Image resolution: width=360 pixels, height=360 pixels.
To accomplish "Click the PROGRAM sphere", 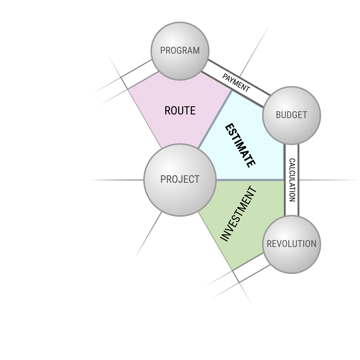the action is click(x=180, y=51).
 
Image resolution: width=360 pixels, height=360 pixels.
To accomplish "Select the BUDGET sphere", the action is click(x=292, y=116).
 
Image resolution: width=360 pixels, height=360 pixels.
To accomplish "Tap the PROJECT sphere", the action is click(x=180, y=180).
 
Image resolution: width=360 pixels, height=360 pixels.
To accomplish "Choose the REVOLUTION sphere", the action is click(x=292, y=244).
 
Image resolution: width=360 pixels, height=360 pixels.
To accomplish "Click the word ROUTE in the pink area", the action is click(x=180, y=111).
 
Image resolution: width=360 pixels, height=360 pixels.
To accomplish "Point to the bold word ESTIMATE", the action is click(x=240, y=145).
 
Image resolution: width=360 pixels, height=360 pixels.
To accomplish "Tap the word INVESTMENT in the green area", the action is click(x=238, y=214).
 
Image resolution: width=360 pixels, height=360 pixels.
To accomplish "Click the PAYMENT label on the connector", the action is click(x=236, y=83).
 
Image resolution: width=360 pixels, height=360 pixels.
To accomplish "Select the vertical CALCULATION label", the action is click(x=292, y=180).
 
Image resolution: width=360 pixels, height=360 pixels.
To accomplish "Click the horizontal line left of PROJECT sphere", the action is click(x=117, y=180).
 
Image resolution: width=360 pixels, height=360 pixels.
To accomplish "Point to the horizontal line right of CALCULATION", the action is click(x=329, y=180).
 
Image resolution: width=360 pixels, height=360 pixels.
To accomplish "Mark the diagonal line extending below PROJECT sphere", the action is click(x=149, y=235).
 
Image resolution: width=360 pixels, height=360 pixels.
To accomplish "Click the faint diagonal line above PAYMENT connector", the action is click(x=255, y=51).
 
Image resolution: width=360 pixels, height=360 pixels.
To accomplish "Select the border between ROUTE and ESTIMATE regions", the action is click(x=215, y=120).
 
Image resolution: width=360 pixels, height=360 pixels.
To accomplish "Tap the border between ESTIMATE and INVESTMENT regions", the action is click(x=250, y=180).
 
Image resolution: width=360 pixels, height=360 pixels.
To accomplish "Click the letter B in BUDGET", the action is click(x=278, y=115).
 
